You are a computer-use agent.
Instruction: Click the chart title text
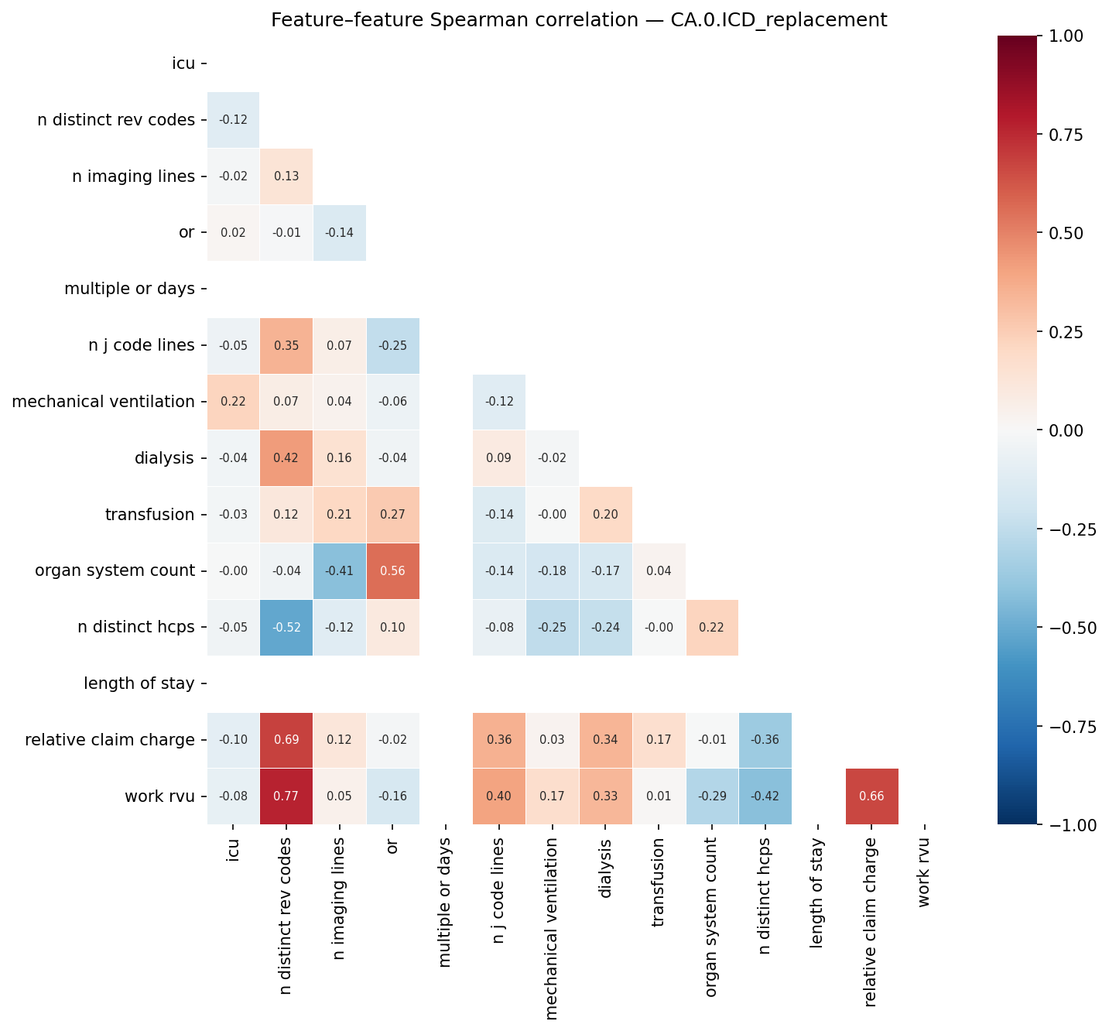(578, 20)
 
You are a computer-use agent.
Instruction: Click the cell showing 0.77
(286, 796)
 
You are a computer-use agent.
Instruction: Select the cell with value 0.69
(286, 740)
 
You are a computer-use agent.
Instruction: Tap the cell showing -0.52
(286, 627)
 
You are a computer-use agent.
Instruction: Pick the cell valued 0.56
(392, 570)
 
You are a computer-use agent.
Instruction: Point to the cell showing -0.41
(339, 570)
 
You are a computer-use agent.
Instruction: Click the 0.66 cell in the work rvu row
(871, 796)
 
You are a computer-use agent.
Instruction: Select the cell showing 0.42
(286, 458)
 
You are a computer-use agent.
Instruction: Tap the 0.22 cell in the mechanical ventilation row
(233, 402)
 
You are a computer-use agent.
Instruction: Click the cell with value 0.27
(392, 515)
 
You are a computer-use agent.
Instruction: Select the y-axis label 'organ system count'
(115, 570)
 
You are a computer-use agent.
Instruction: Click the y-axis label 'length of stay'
(139, 683)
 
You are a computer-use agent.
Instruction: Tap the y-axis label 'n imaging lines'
(133, 176)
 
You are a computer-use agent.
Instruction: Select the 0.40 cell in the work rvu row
(498, 796)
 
